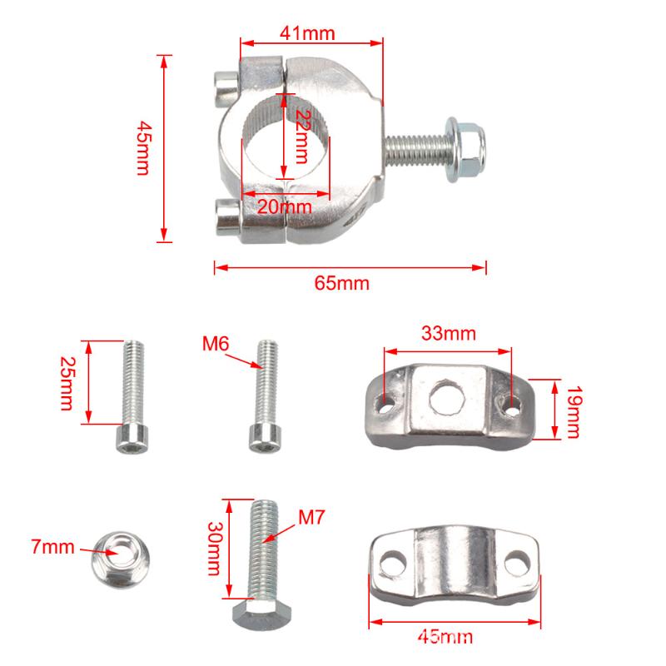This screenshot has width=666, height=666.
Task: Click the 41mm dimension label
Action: pos(307,33)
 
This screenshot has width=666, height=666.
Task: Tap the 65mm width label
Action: pos(342,283)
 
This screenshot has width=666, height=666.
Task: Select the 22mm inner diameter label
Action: pos(302,137)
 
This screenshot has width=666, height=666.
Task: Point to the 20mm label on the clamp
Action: pos(285,206)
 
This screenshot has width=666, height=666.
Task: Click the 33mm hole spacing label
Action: pos(449,334)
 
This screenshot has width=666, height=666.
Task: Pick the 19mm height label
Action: pos(574,411)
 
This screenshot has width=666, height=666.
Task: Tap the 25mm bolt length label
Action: pos(67,383)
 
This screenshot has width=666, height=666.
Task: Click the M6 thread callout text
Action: pos(216,343)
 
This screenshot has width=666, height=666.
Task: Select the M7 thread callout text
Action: pos(311,517)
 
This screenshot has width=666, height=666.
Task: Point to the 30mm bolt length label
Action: pos(215,549)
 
